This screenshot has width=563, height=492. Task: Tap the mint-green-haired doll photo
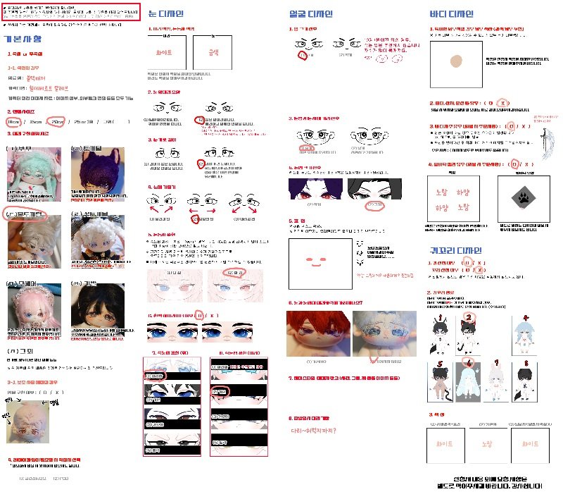pyautogui.click(x=30, y=168)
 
